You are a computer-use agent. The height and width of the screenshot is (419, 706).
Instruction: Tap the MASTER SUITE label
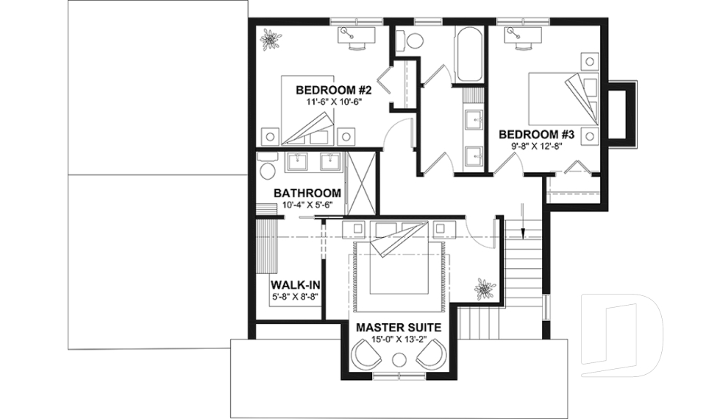[x=399, y=327]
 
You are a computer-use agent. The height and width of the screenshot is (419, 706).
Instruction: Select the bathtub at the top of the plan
[x=468, y=56]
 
